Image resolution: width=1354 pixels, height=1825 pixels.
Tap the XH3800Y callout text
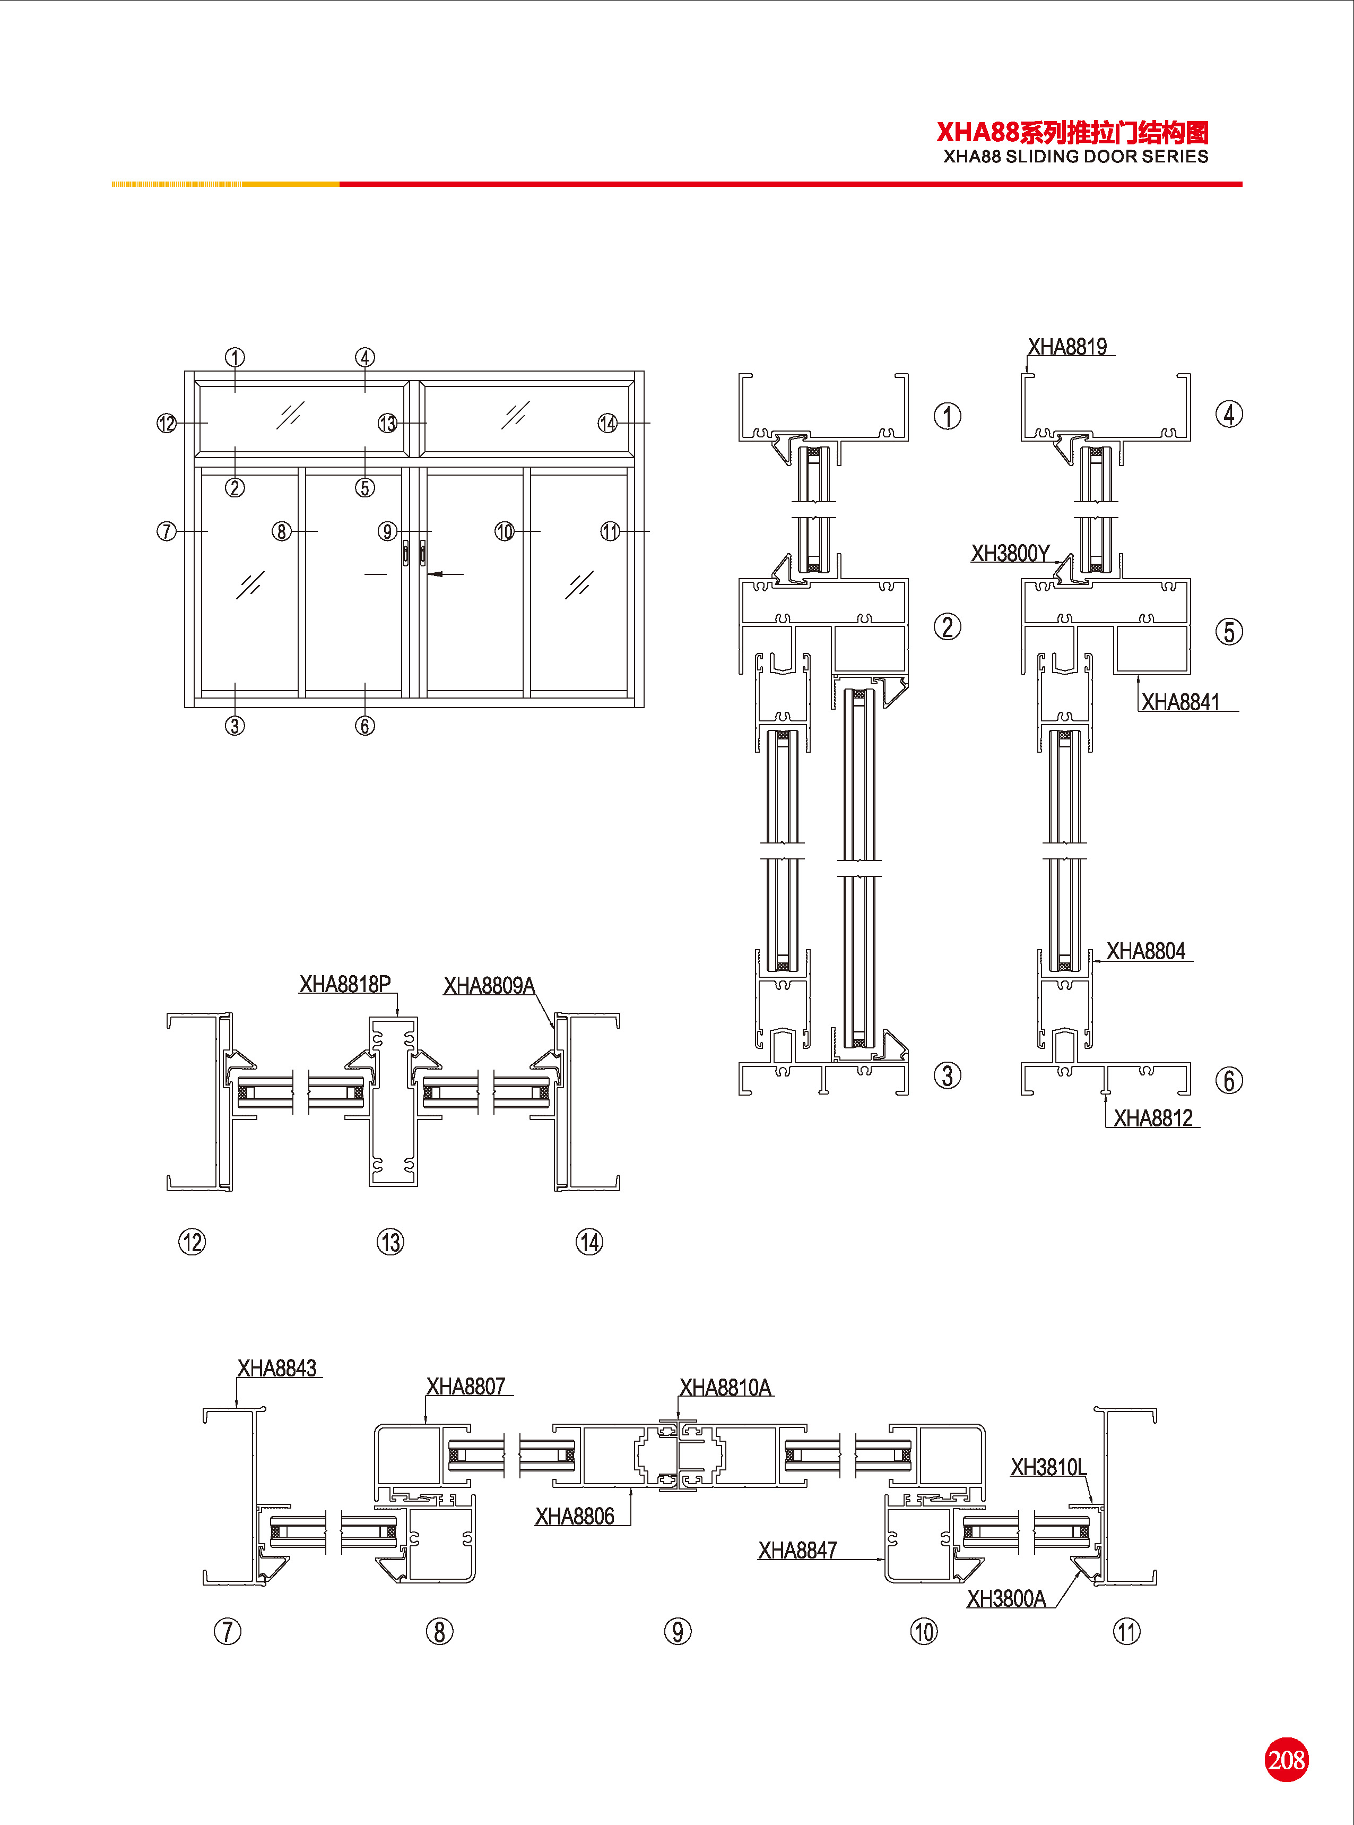(x=1010, y=554)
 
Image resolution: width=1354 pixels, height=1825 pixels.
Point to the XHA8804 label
(x=1145, y=951)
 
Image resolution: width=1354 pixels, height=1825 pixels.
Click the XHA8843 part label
(x=276, y=1368)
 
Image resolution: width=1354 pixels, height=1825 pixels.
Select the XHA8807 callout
(x=465, y=1387)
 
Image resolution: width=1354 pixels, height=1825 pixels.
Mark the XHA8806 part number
(x=575, y=1516)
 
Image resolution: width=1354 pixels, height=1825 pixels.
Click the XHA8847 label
(x=797, y=1551)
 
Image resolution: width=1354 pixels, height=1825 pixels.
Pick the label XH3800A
(x=1006, y=1599)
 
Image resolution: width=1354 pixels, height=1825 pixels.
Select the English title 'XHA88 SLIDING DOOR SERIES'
(x=1075, y=157)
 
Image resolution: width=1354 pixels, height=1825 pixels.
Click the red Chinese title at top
(x=1072, y=132)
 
